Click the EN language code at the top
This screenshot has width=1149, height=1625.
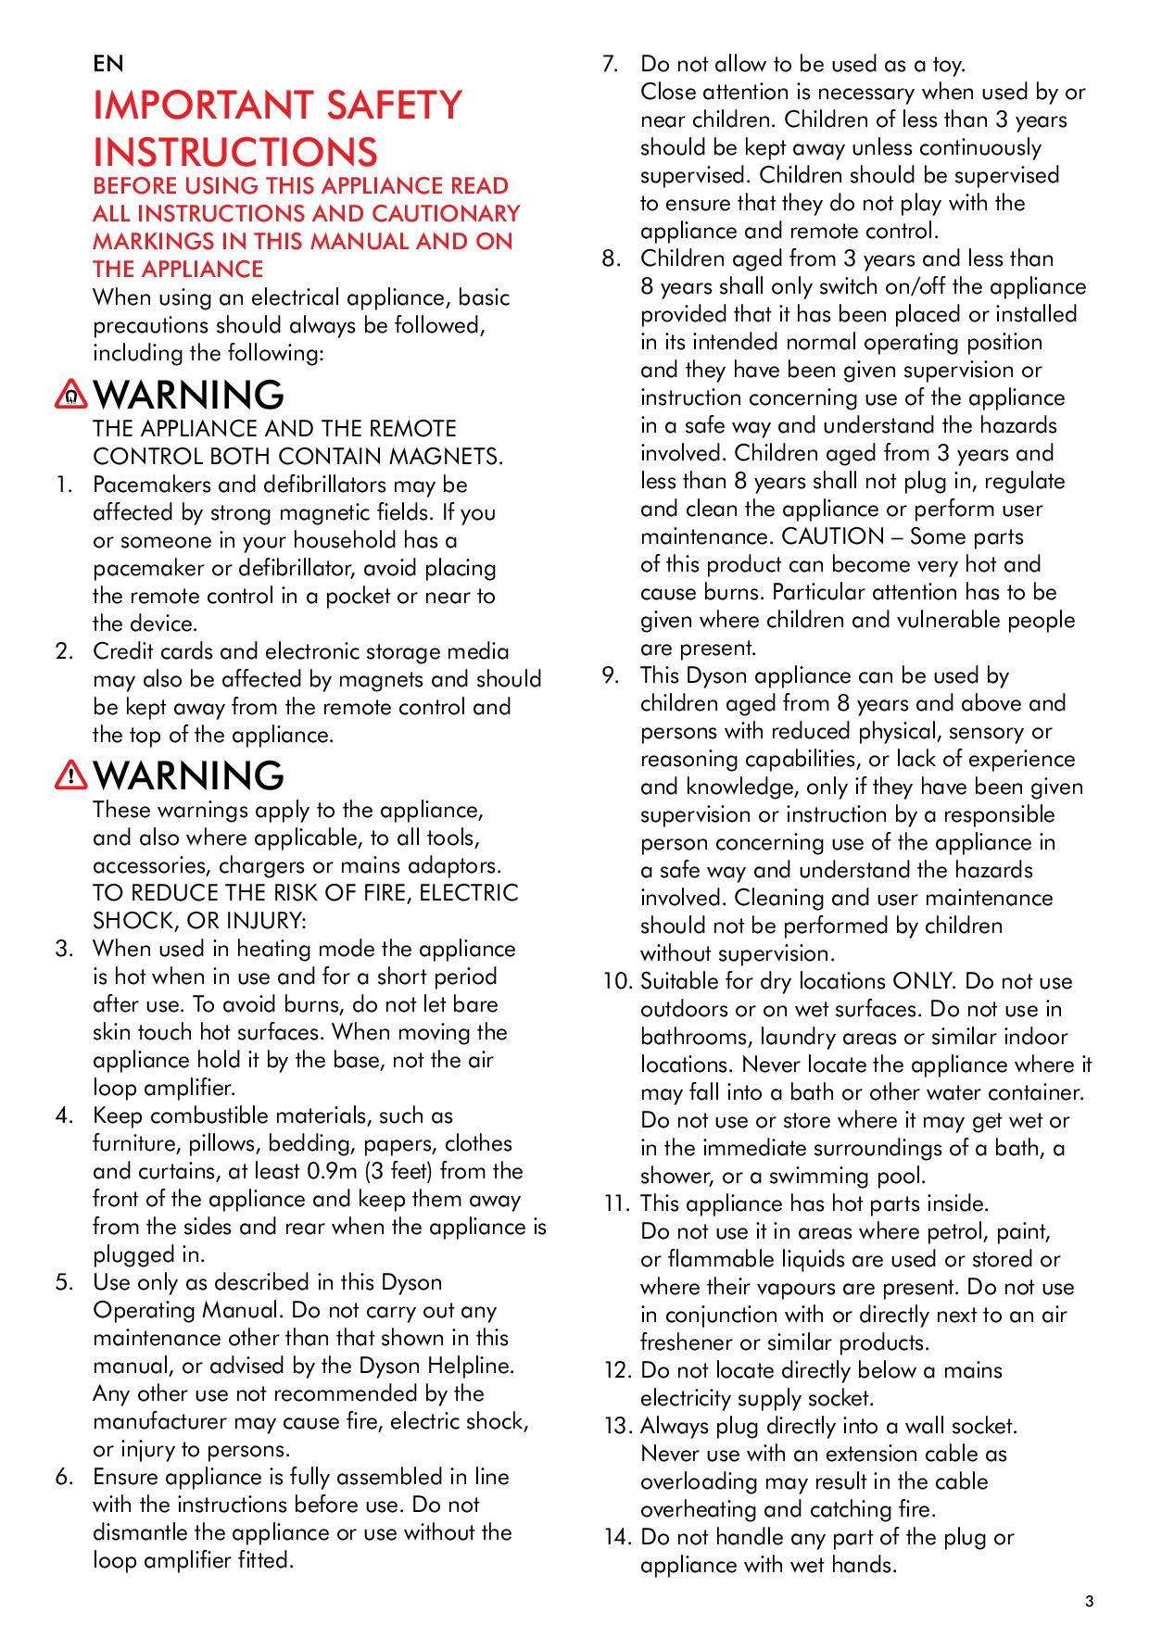coord(107,64)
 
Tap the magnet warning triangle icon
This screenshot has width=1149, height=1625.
coord(71,397)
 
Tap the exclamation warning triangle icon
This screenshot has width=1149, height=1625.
coord(71,777)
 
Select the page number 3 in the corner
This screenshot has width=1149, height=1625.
coord(1090,1601)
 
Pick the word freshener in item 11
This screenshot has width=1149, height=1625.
coord(690,1342)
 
